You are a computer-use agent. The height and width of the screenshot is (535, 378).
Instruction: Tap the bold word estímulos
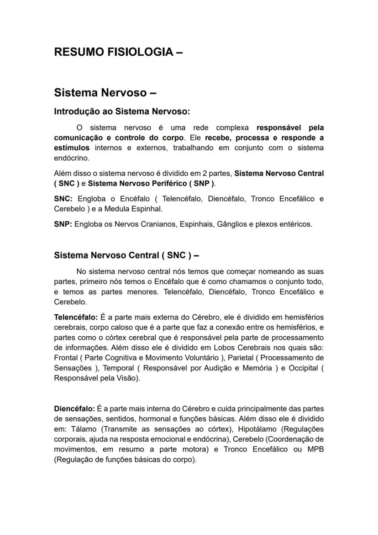[x=72, y=148]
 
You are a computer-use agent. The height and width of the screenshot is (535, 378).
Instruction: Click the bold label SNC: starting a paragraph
[x=63, y=199]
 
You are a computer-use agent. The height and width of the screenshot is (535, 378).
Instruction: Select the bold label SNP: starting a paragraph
[x=63, y=224]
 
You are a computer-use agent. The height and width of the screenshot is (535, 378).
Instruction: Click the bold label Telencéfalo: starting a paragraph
[x=75, y=317]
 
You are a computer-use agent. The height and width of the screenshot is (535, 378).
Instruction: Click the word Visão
[x=128, y=378]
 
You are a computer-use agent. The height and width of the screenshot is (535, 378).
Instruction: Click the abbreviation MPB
[x=315, y=450]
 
